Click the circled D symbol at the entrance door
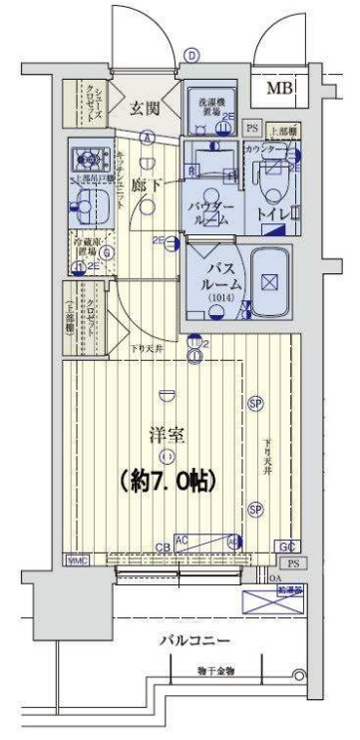click(x=191, y=57)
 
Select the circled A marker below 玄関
click(x=148, y=139)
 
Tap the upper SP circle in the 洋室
click(x=255, y=404)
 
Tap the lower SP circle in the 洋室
click(x=255, y=509)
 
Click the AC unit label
click(x=182, y=539)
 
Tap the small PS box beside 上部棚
click(x=251, y=129)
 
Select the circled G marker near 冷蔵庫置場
click(x=106, y=250)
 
